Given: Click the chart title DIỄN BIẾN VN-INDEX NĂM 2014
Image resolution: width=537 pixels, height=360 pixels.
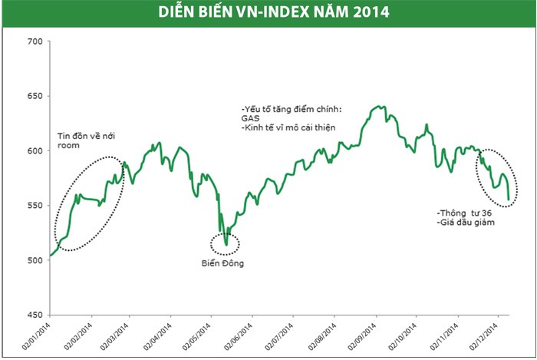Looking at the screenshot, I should click(268, 12).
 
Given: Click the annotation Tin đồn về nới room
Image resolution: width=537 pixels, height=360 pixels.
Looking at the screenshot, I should click(85, 142).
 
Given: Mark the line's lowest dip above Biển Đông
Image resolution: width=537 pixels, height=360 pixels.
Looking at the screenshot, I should click(226, 245).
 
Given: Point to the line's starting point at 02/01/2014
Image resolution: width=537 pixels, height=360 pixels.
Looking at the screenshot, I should click(51, 255).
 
